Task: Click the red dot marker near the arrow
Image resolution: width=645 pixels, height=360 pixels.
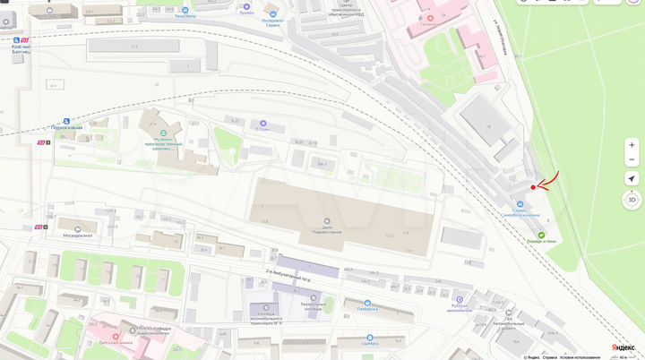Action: pyautogui.click(x=533, y=187)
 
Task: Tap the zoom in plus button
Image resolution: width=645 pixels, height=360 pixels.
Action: pyautogui.click(x=632, y=144)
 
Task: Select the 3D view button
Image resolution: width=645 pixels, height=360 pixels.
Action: pyautogui.click(x=632, y=200)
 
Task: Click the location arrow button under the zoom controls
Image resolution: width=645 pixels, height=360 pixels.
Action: pyautogui.click(x=632, y=179)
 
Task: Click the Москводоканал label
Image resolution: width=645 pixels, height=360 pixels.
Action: pyautogui.click(x=79, y=236)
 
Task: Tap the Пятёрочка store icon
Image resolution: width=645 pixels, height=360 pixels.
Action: pyautogui.click(x=367, y=304)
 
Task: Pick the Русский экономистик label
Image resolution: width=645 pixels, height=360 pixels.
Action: pyautogui.click(x=460, y=304)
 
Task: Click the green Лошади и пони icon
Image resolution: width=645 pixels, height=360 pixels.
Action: pyautogui.click(x=540, y=235)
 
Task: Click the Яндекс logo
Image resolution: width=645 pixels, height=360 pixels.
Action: pyautogui.click(x=622, y=347)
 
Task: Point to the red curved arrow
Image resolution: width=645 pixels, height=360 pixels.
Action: pyautogui.click(x=547, y=181)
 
